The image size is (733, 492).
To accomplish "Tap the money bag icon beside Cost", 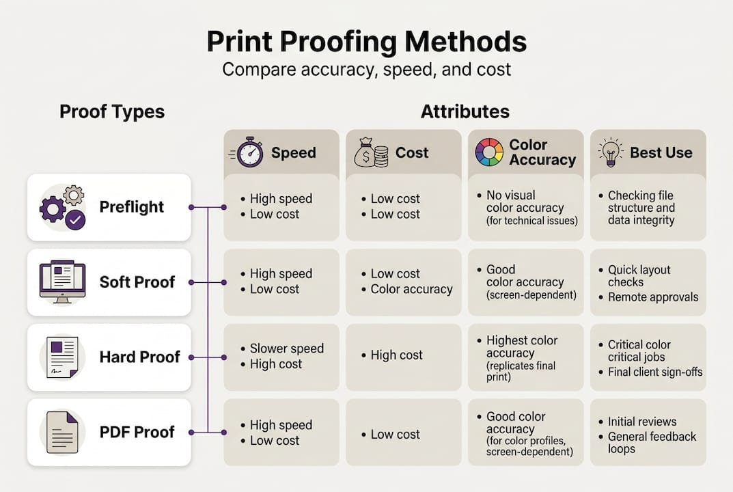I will pyautogui.click(x=371, y=152).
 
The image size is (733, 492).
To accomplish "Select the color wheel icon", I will pyautogui.click(x=489, y=152).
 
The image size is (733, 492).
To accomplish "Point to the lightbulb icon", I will pyautogui.click(x=610, y=152).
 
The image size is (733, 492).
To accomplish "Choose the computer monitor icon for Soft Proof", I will pyautogui.click(x=62, y=282).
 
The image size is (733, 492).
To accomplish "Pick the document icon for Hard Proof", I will pyautogui.click(x=63, y=357).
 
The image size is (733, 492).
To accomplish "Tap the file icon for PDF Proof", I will pyautogui.click(x=63, y=432).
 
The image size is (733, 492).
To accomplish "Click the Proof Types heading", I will pyautogui.click(x=112, y=111).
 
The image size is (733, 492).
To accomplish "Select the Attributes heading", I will pyautogui.click(x=465, y=111).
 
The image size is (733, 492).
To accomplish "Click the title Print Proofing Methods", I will pyautogui.click(x=366, y=42).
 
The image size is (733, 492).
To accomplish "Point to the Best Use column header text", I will pyautogui.click(x=661, y=152).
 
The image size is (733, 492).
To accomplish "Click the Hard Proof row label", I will pyautogui.click(x=139, y=357).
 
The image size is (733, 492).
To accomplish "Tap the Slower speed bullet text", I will pyautogui.click(x=286, y=348).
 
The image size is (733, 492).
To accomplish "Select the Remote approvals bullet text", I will pyautogui.click(x=653, y=297).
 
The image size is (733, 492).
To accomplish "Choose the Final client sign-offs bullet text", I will pyautogui.click(x=655, y=372).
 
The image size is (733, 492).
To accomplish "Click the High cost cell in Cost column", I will pyautogui.click(x=396, y=355).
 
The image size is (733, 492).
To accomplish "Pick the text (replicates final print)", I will pyautogui.click(x=521, y=371).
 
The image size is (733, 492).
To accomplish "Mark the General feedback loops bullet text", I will pyautogui.click(x=652, y=443).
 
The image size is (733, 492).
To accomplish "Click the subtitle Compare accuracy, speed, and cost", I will pyautogui.click(x=366, y=70).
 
